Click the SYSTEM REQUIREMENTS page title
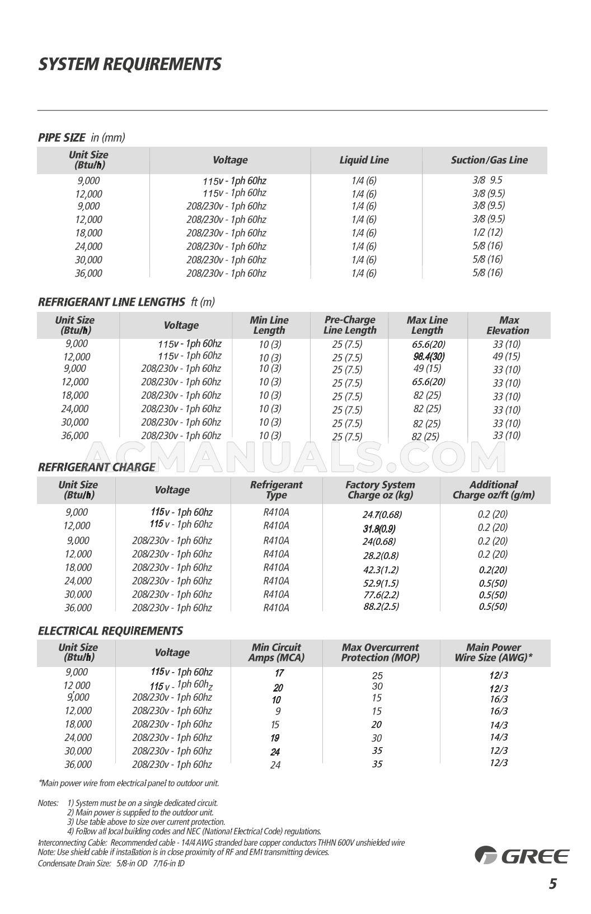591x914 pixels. pyautogui.click(x=129, y=64)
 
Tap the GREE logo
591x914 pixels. pyautogui.click(x=522, y=855)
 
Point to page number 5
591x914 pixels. pyautogui.click(x=552, y=884)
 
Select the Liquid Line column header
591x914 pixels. pyautogui.click(x=364, y=160)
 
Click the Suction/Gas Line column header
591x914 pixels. pyautogui.click(x=489, y=160)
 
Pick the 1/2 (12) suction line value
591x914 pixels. pyautogui.click(x=487, y=232)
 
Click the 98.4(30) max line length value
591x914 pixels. pyautogui.click(x=429, y=357)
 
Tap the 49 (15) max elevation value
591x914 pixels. pyautogui.click(x=506, y=356)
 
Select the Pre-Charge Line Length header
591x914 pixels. pyautogui.click(x=350, y=325)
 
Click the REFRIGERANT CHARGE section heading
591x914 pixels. pyautogui.click(x=96, y=467)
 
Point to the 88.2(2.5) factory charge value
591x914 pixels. pyautogui.click(x=381, y=606)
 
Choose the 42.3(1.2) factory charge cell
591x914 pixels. pyautogui.click(x=381, y=570)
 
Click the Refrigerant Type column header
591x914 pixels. pyautogui.click(x=276, y=490)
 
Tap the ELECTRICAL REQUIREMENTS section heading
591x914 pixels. pyautogui.click(x=110, y=631)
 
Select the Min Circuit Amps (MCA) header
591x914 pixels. pyautogui.click(x=276, y=652)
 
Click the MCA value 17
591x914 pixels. pyautogui.click(x=279, y=673)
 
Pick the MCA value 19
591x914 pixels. pyautogui.click(x=275, y=738)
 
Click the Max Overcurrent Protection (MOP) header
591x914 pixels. pyautogui.click(x=380, y=652)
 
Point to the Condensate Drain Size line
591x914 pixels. pyautogui.click(x=111, y=863)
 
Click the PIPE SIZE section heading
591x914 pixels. pyautogui.click(x=62, y=138)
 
